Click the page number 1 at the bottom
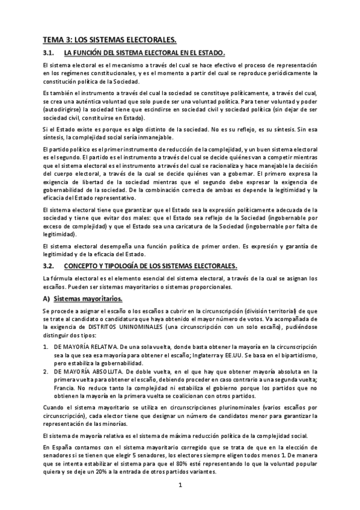(x=180, y=484)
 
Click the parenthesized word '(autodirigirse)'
(x=63, y=111)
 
